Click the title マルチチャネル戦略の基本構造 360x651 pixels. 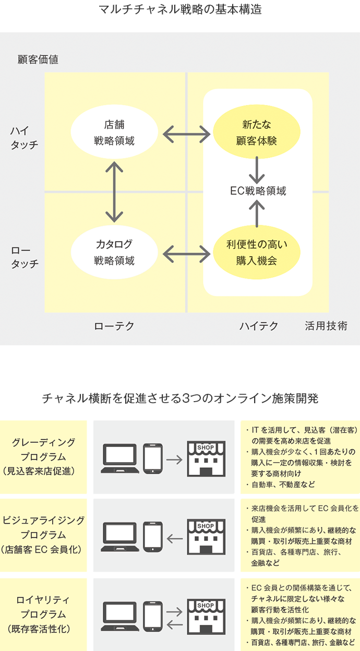click(180, 9)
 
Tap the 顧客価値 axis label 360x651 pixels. click(38, 59)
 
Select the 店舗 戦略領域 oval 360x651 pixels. click(114, 132)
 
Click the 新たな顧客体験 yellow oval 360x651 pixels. click(257, 132)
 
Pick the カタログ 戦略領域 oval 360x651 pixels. click(114, 252)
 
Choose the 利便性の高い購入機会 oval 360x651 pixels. click(257, 252)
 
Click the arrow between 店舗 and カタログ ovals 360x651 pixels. click(114, 192)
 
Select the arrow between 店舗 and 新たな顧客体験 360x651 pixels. click(186, 134)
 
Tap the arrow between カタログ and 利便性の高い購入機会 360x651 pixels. click(186, 255)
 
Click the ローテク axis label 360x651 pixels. click(114, 327)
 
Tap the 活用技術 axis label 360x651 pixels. click(326, 327)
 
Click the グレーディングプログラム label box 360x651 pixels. click(44, 457)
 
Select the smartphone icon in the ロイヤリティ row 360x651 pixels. click(153, 617)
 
